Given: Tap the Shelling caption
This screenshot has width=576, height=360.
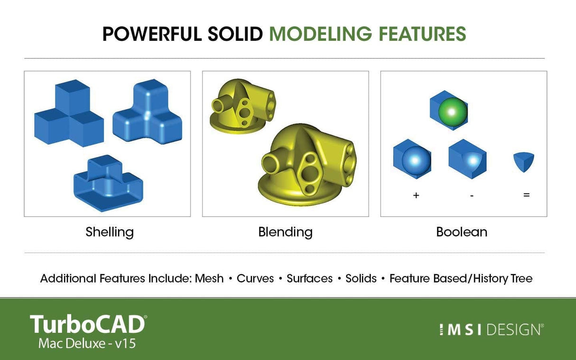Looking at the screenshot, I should [x=110, y=232].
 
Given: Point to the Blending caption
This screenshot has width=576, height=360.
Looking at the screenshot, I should [x=285, y=232].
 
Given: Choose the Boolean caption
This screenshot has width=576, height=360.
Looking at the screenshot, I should [x=461, y=232].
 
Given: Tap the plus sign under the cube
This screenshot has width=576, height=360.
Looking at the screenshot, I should [x=416, y=195].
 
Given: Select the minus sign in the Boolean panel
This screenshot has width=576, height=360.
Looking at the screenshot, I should [x=472, y=195].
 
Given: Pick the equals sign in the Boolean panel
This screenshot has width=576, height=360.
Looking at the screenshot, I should [x=526, y=195].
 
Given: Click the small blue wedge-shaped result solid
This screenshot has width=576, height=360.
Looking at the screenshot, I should [x=524, y=161].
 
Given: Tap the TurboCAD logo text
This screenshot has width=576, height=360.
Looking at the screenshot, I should [x=88, y=324].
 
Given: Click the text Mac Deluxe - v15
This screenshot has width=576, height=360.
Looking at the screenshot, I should [x=87, y=343].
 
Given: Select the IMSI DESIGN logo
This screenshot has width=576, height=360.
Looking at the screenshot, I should [x=491, y=330].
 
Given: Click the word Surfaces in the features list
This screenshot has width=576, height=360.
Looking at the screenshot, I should [x=309, y=278].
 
